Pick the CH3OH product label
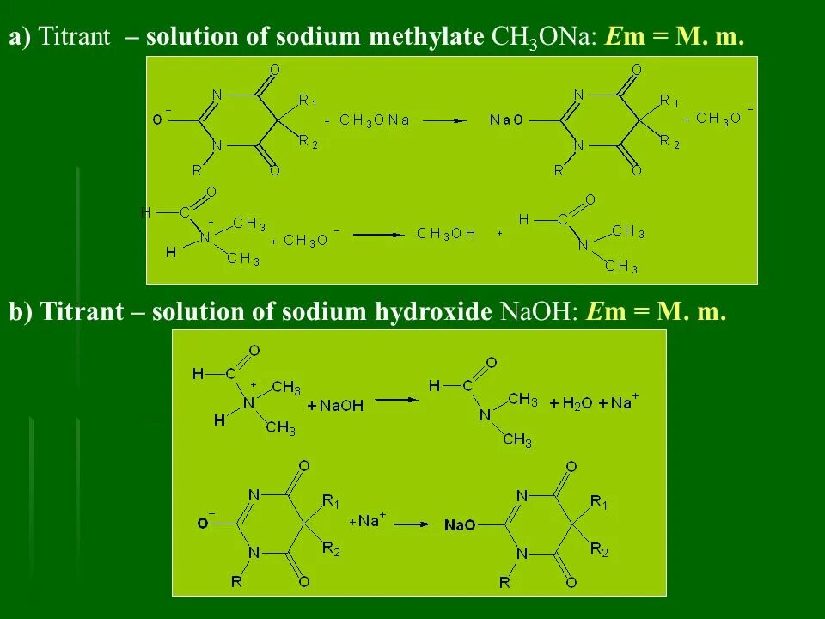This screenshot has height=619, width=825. click(446, 234)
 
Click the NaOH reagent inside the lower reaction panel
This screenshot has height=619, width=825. click(342, 405)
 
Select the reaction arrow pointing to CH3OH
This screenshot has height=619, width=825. click(379, 234)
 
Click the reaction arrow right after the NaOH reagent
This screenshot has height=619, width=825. click(396, 400)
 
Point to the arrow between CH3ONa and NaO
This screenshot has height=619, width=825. click(444, 120)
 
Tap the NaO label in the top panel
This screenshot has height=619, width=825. click(506, 120)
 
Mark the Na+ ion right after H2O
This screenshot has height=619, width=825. click(625, 401)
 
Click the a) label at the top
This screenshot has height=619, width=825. click(20, 37)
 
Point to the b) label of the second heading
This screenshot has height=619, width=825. click(21, 312)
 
